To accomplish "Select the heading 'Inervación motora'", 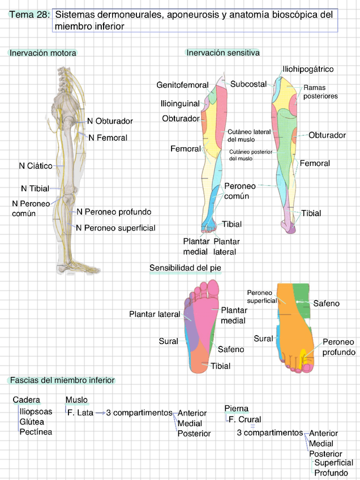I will pyautogui.click(x=42, y=53).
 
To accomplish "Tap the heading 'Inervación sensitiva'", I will pyautogui.click(x=222, y=53).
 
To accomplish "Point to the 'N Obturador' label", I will pyautogui.click(x=110, y=121).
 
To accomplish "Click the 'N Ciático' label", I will pyautogui.click(x=36, y=166).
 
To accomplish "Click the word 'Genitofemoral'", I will pyautogui.click(x=182, y=85).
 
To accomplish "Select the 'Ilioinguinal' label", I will pyautogui.click(x=180, y=104).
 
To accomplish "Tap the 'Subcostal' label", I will pyautogui.click(x=248, y=84).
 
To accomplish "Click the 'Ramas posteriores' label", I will pyautogui.click(x=320, y=92).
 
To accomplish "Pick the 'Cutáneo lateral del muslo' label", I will pyautogui.click(x=248, y=135).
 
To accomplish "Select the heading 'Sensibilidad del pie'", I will pyautogui.click(x=185, y=267).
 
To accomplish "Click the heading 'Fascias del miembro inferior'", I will pyautogui.click(x=61, y=380).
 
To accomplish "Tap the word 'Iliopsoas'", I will pyautogui.click(x=36, y=412).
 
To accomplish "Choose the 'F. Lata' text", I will pyautogui.click(x=80, y=413).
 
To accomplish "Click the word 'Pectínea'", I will pyautogui.click(x=36, y=432).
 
